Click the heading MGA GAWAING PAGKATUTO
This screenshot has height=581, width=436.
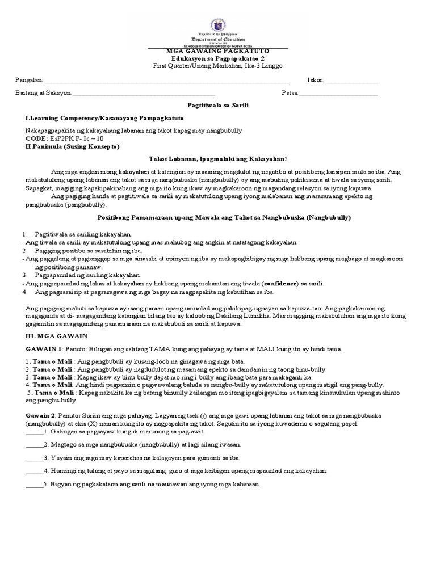click(x=218, y=51)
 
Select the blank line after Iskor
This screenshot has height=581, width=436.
click(x=350, y=81)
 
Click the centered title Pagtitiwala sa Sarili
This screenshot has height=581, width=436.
click(x=218, y=106)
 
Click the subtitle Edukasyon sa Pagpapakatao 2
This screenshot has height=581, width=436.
click(x=218, y=58)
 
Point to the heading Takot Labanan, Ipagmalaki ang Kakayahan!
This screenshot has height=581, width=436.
click(x=218, y=159)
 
